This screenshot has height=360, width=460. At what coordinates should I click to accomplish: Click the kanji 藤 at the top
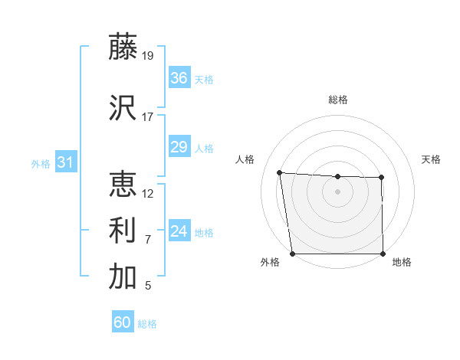click(x=123, y=47)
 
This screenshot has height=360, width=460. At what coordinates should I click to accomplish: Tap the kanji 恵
click(x=123, y=185)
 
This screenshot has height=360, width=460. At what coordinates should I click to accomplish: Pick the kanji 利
click(x=123, y=231)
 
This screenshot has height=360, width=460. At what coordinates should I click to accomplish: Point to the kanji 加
click(x=123, y=277)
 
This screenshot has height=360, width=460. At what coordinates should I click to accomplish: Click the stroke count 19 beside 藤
click(x=148, y=55)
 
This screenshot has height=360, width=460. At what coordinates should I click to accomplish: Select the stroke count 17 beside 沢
click(x=147, y=117)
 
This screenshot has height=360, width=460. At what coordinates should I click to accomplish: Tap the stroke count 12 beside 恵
click(x=148, y=194)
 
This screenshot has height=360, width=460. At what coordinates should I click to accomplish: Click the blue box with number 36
click(x=179, y=78)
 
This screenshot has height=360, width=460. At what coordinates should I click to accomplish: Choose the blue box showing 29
click(x=179, y=147)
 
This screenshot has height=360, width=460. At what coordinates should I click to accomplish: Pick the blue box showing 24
click(x=179, y=231)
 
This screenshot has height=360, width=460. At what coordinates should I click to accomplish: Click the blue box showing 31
click(x=65, y=162)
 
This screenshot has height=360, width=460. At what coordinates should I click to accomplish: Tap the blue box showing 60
click(x=122, y=322)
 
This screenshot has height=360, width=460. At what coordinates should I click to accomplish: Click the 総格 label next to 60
click(x=148, y=324)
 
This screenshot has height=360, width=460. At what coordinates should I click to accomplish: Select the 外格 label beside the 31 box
click(x=41, y=164)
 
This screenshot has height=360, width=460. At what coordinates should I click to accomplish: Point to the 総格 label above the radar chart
click(x=337, y=100)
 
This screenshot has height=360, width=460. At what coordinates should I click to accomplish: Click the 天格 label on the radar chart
click(x=431, y=159)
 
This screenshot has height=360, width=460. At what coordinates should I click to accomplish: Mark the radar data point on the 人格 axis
click(x=280, y=172)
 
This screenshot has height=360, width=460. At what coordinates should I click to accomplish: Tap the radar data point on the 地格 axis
click(x=383, y=254)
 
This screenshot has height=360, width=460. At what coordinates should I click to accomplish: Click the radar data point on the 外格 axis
click(x=292, y=253)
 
